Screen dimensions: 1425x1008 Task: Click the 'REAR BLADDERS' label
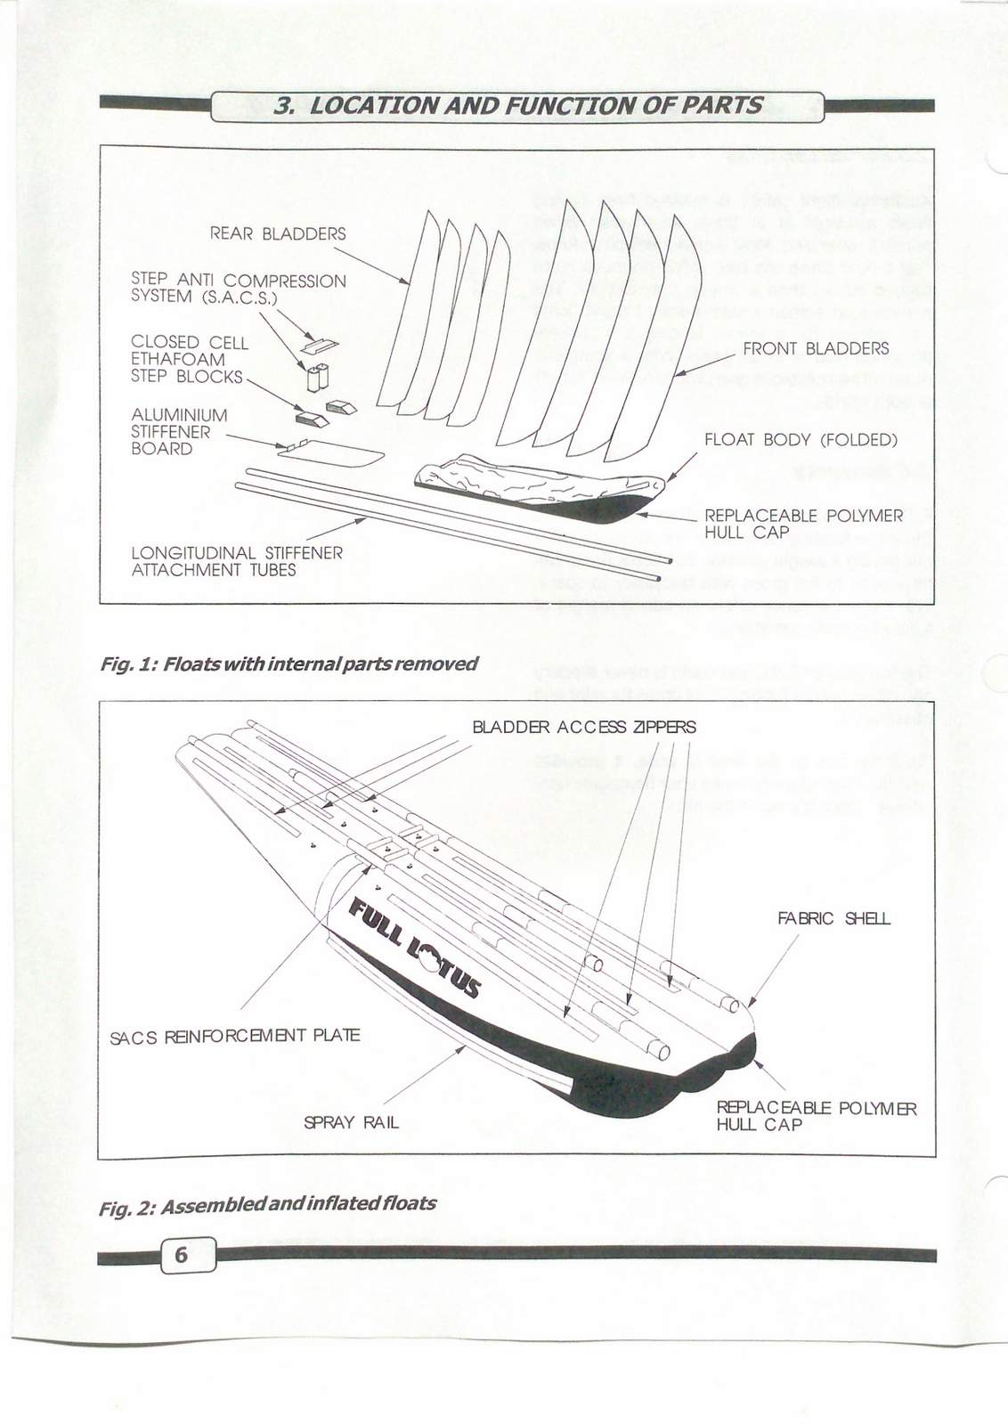point(278,234)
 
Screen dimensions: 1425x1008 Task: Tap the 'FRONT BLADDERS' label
point(815,348)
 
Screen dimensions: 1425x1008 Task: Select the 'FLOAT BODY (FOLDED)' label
point(801,440)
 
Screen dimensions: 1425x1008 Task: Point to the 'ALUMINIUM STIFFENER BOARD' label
point(179,432)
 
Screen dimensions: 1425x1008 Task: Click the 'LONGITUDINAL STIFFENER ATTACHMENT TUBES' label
point(237,561)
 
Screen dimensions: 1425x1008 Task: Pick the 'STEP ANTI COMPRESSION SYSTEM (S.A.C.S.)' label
point(238,289)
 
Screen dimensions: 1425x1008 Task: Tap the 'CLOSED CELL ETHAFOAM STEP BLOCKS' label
point(189,359)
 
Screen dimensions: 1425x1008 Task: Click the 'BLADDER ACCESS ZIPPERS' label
point(583,727)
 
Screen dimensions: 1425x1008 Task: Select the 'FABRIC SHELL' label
point(833,918)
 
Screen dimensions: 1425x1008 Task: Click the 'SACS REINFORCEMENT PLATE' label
point(235,1036)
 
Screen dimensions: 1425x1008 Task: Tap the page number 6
point(182,1255)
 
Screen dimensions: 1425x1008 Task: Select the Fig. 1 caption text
point(289,664)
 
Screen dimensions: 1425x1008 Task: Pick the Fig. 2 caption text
point(267,1203)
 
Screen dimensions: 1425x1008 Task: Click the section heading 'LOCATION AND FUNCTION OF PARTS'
point(518,105)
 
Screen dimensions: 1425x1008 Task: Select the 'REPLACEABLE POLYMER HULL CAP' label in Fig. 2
point(816,1116)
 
